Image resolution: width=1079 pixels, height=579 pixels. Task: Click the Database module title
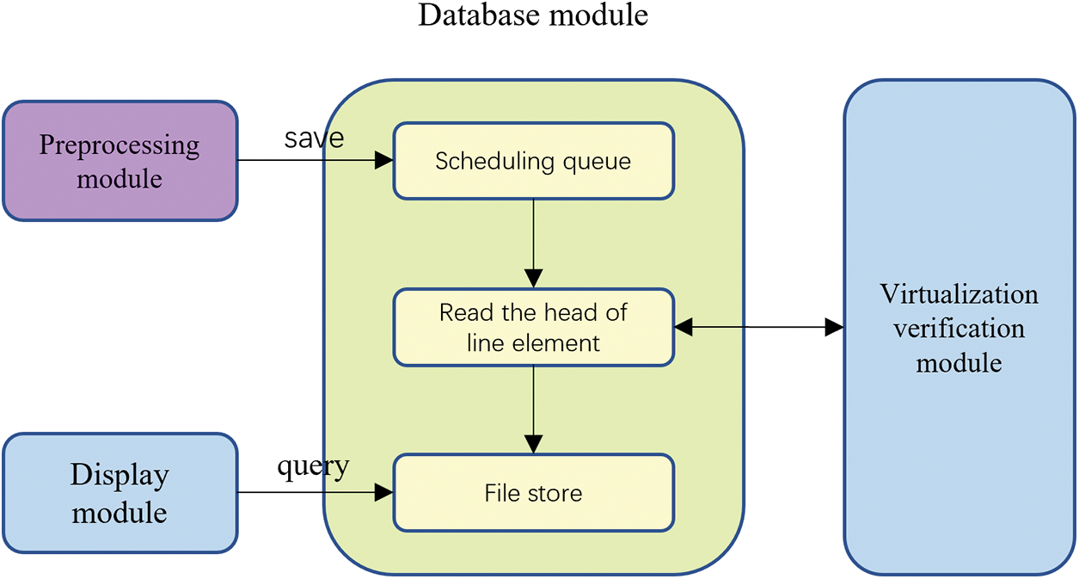pos(533,15)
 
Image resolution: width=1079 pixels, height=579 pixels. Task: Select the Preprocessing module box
pos(120,161)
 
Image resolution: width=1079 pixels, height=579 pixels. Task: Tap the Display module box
pos(120,493)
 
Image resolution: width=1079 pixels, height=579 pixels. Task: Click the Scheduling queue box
pos(533,161)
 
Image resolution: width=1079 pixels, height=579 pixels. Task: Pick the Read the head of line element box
pos(533,327)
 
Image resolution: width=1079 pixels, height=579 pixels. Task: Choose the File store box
pos(533,493)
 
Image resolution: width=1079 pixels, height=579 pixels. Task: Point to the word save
pos(314,139)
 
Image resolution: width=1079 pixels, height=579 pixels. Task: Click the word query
pos(313,467)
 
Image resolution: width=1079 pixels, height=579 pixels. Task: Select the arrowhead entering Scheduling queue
pos(384,160)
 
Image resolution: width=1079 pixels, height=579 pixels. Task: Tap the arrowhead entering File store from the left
pos(384,492)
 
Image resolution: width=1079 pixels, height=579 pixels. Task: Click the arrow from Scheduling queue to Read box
pos(533,243)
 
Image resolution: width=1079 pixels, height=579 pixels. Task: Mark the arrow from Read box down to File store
pos(533,410)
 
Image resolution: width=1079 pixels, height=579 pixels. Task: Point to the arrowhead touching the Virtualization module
pos(834,327)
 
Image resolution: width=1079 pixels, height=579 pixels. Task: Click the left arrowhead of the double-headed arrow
pos(683,327)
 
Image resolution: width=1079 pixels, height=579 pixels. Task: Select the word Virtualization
pos(959,294)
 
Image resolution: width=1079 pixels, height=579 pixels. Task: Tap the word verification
pos(959,329)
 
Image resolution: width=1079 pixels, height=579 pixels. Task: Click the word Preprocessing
pos(120,145)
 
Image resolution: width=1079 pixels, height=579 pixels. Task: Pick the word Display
pos(120,476)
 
